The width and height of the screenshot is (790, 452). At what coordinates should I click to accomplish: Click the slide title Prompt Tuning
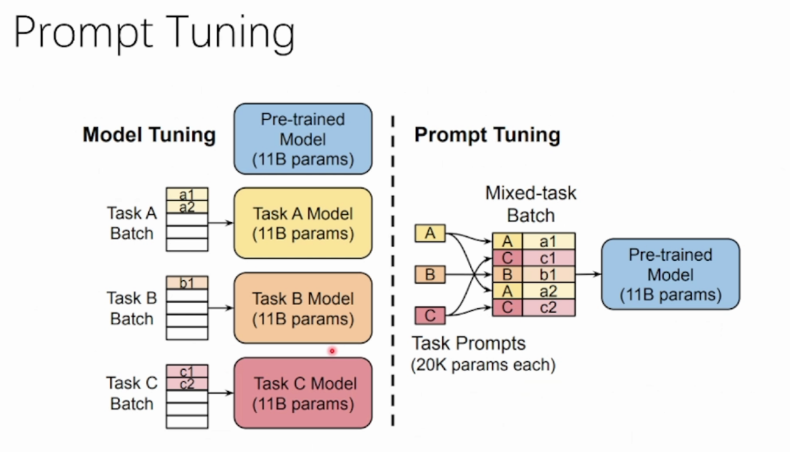tap(154, 34)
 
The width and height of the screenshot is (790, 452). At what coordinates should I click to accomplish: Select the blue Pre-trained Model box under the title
tap(303, 139)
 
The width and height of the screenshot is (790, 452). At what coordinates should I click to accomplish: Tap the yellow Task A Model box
tap(303, 223)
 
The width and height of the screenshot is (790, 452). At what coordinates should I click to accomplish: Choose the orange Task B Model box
tap(303, 308)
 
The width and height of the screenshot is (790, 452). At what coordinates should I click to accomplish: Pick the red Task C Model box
tap(303, 393)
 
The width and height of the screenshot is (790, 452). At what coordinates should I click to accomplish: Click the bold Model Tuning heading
tap(149, 135)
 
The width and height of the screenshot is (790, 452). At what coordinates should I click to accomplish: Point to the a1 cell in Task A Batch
tap(187, 195)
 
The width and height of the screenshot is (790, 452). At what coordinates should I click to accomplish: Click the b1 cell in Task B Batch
tap(187, 283)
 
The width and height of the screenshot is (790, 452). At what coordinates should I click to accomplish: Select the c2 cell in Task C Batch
tap(187, 384)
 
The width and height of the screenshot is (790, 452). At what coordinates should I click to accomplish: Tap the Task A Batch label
tap(131, 223)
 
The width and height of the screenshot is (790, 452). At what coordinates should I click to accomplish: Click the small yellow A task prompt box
tap(430, 233)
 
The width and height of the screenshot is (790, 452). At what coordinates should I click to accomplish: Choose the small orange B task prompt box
tap(430, 274)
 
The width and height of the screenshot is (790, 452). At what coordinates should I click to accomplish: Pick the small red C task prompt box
tap(430, 315)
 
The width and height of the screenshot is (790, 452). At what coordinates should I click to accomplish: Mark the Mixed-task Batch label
tap(531, 204)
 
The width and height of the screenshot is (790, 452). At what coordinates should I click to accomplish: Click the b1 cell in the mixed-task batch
tap(548, 275)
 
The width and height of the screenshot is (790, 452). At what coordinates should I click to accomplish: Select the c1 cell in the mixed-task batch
tap(548, 258)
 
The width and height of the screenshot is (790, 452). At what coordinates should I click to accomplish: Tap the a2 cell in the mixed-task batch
tap(548, 291)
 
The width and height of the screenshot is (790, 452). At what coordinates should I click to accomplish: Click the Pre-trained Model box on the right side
tap(670, 274)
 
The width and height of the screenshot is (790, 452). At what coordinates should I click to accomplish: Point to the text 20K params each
tap(483, 364)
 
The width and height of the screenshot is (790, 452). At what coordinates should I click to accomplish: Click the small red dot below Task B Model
tap(332, 351)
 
